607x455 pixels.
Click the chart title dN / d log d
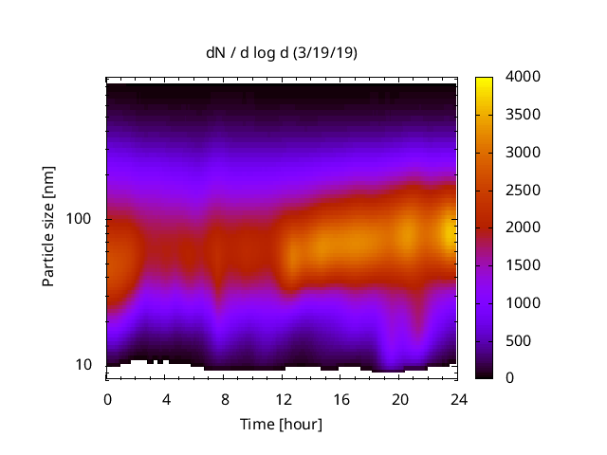(x=252, y=53)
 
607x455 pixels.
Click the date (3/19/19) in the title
(x=326, y=53)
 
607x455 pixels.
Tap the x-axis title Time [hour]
(x=282, y=424)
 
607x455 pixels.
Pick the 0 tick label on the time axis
(x=107, y=398)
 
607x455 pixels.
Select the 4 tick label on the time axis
(x=166, y=398)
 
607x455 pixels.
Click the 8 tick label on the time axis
(x=224, y=398)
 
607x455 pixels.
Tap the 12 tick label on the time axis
(x=283, y=398)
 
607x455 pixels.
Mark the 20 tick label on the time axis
(x=399, y=398)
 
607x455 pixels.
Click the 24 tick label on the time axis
(x=458, y=398)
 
